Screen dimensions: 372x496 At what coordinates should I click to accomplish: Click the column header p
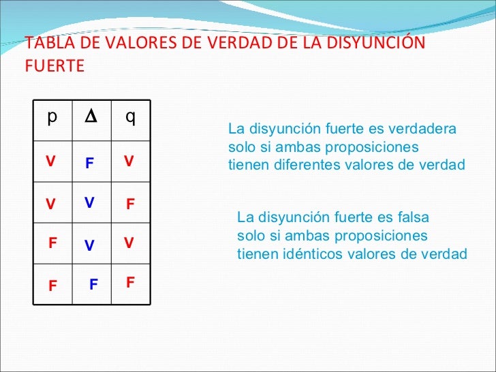click(x=52, y=117)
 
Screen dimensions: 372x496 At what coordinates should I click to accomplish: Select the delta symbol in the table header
click(x=90, y=117)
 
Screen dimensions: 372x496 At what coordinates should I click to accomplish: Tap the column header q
click(x=130, y=118)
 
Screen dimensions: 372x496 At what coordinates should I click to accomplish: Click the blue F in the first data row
click(x=89, y=164)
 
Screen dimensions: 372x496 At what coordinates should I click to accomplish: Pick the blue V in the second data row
click(x=89, y=202)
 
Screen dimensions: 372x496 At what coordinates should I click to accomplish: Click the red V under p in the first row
click(x=50, y=161)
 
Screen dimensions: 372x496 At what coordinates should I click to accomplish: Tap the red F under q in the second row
click(x=131, y=204)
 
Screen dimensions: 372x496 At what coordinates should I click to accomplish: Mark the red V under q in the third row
click(x=128, y=243)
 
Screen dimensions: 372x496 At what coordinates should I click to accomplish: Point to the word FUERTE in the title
click(x=54, y=67)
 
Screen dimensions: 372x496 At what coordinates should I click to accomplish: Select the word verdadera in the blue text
click(x=427, y=129)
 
